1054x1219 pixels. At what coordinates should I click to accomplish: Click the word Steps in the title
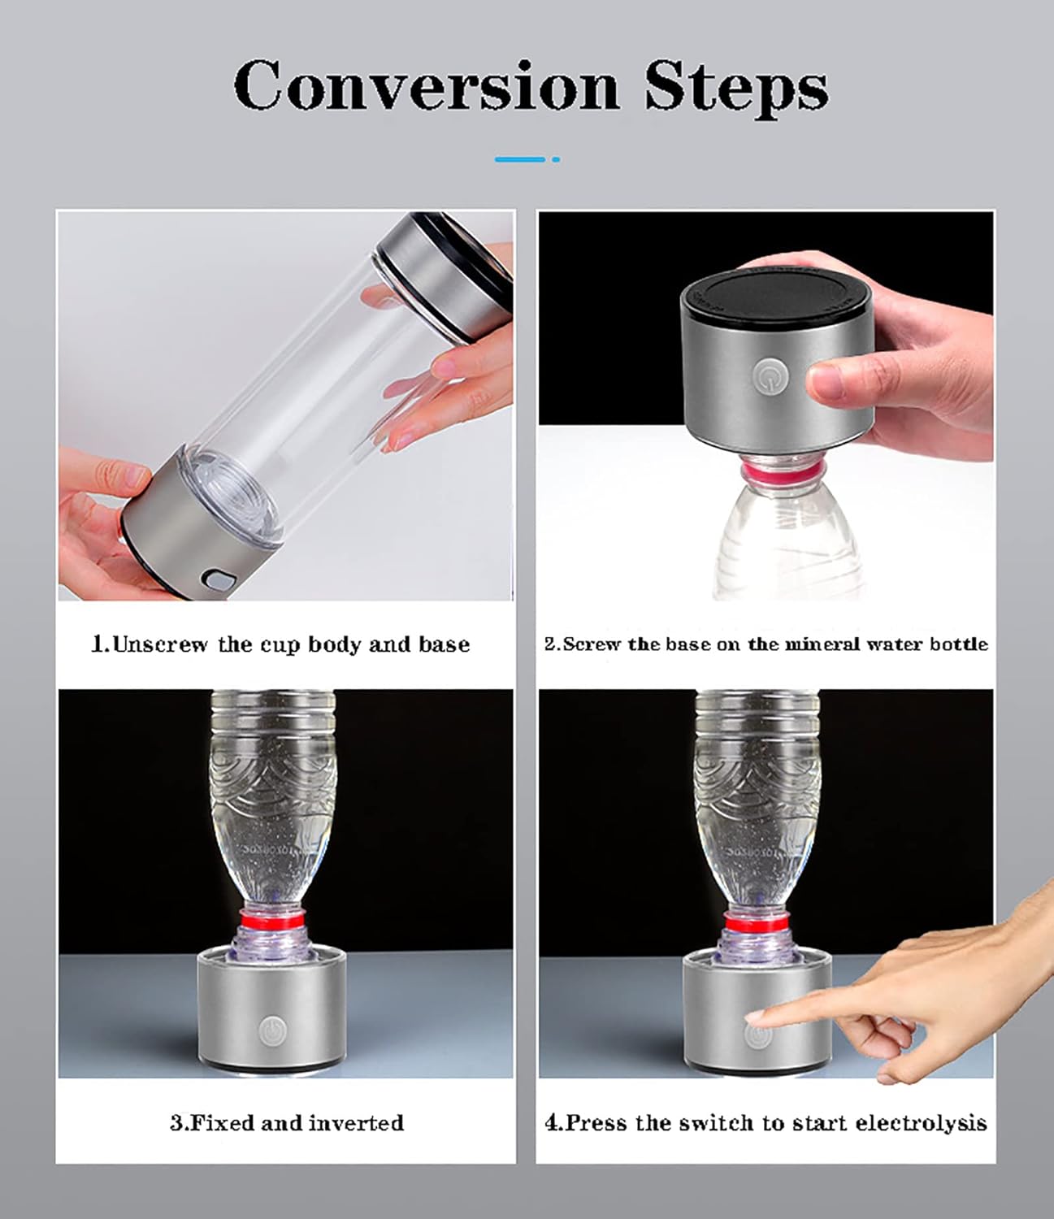coord(736,88)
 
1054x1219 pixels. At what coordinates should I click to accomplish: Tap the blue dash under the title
coord(520,159)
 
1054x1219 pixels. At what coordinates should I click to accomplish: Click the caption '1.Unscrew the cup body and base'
coord(280,644)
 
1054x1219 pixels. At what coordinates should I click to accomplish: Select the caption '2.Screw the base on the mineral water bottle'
coord(766,644)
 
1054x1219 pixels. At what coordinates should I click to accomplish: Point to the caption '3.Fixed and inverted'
coord(286,1123)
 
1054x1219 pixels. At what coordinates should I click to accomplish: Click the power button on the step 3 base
coord(273,1030)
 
